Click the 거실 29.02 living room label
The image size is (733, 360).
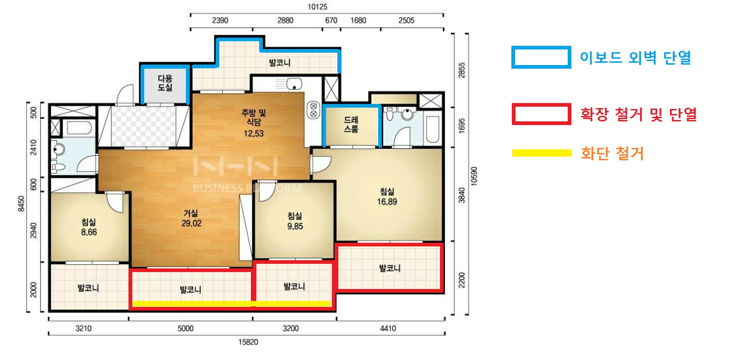click(x=191, y=218)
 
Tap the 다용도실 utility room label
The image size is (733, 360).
click(x=165, y=83)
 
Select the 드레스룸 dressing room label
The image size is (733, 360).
click(x=351, y=125)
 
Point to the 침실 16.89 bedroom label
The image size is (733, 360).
click(x=387, y=196)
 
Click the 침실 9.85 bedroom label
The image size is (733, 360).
click(x=295, y=221)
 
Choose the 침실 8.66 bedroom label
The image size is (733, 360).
click(x=89, y=227)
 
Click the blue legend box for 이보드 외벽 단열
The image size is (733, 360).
click(x=541, y=57)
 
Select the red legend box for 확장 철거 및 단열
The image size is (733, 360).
click(x=542, y=114)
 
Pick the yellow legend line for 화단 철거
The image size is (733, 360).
click(x=542, y=153)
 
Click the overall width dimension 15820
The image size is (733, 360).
click(x=248, y=342)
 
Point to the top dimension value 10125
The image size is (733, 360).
click(x=317, y=7)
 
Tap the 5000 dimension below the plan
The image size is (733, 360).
click(x=185, y=328)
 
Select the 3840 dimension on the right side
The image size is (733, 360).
click(x=462, y=196)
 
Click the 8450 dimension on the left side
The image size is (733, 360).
click(x=21, y=204)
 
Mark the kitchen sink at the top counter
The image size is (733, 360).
click(x=294, y=84)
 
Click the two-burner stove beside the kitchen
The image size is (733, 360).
click(x=314, y=110)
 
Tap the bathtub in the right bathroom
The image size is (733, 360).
click(x=433, y=129)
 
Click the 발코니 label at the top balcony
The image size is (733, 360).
click(x=280, y=62)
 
